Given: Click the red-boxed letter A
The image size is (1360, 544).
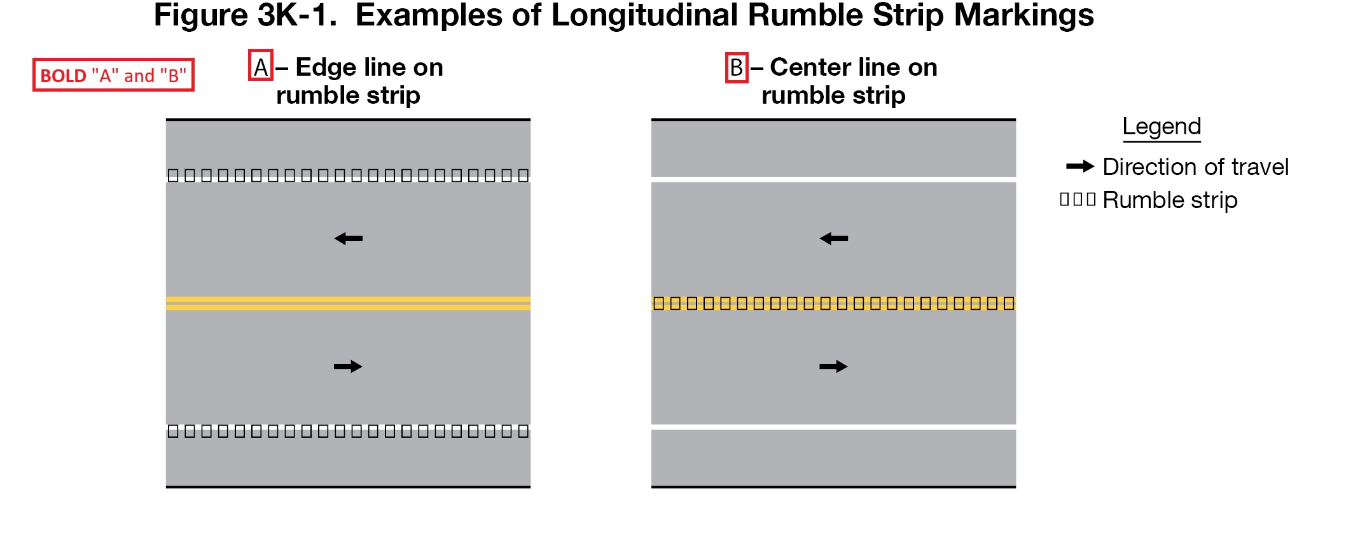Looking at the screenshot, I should click(x=261, y=66).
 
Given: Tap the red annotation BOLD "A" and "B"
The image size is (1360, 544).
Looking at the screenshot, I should click(x=113, y=75).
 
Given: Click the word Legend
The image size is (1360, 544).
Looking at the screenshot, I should click(x=1162, y=127).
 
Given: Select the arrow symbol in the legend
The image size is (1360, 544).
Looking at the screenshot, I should click(x=1079, y=167).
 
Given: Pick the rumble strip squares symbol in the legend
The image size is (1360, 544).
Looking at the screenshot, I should click(x=1078, y=200).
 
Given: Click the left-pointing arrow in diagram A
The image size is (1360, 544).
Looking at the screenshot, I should click(x=348, y=239).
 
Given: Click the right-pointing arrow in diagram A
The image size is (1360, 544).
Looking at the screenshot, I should click(x=348, y=366).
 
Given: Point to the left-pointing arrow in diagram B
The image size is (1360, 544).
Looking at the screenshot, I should click(x=833, y=239).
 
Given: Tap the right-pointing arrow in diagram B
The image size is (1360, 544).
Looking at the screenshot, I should click(x=833, y=366).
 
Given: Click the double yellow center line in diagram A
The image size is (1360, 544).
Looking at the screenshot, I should click(x=348, y=303).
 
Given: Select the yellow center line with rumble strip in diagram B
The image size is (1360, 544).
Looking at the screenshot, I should click(x=833, y=303).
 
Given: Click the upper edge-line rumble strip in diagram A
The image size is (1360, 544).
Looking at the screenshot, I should click(x=348, y=176).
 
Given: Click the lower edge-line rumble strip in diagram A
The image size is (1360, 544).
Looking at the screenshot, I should click(x=348, y=431).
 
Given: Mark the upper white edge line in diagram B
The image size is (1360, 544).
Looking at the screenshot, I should click(x=833, y=179).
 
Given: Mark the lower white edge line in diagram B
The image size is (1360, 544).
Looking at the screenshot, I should click(x=833, y=427).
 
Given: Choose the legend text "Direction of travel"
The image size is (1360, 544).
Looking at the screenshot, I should click(x=1195, y=167).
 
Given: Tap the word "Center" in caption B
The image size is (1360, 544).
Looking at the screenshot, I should click(x=810, y=67).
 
